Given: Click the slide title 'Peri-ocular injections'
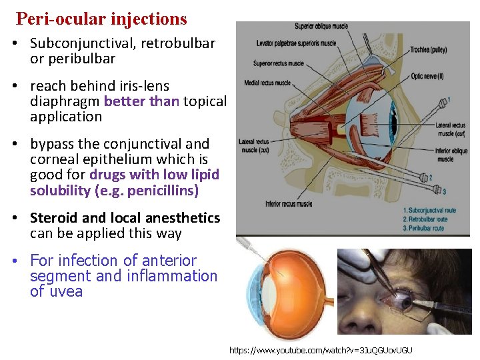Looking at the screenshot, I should coord(101,19).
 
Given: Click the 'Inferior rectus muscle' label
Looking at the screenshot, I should coord(288,204).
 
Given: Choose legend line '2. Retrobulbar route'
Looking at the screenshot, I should coord(434,219).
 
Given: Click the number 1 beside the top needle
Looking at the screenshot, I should coord(448,99).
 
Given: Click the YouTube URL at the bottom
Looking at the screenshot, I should coord(321,350).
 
